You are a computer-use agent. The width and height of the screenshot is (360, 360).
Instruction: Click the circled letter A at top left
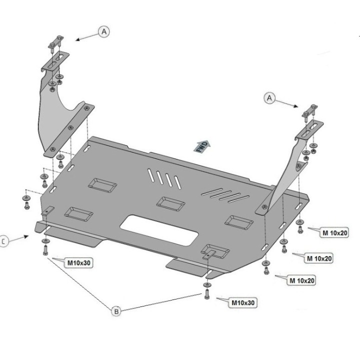pos(104,31)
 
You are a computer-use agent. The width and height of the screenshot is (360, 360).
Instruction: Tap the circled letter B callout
pos(115,311)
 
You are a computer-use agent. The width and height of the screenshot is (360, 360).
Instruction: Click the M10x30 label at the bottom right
pos(242,302)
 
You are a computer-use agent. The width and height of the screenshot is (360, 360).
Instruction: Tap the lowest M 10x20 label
pos(302,280)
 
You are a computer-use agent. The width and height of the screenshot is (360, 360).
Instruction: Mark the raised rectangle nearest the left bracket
pos(102,184)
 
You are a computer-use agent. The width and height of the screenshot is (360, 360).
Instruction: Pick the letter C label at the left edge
pos(2,241)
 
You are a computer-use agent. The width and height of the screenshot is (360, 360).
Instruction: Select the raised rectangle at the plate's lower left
pos(79,214)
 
